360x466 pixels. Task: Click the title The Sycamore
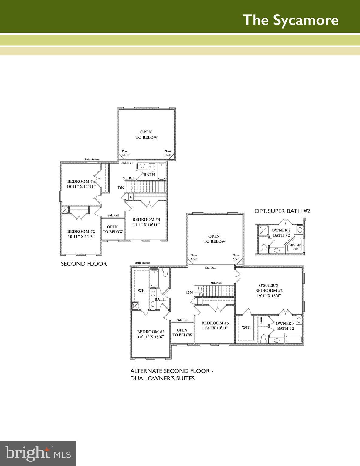click(x=290, y=20)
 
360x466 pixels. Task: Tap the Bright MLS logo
click(x=38, y=454)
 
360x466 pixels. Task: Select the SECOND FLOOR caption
click(x=84, y=264)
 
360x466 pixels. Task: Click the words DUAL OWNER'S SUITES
click(x=162, y=378)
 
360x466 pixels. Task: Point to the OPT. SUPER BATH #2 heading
click(x=282, y=211)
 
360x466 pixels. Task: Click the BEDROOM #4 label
click(x=81, y=181)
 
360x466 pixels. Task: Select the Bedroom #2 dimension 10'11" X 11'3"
click(x=81, y=236)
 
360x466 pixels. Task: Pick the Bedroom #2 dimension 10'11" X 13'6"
click(x=151, y=337)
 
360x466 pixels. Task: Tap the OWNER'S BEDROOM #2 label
click(x=268, y=288)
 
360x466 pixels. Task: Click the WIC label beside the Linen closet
click(x=246, y=328)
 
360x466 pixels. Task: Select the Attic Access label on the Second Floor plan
click(x=92, y=160)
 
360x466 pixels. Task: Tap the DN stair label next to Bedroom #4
click(x=121, y=188)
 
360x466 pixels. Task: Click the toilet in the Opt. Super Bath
click(x=263, y=248)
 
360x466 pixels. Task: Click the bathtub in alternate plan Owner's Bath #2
click(x=293, y=339)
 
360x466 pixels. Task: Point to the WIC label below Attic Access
click(x=142, y=290)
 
